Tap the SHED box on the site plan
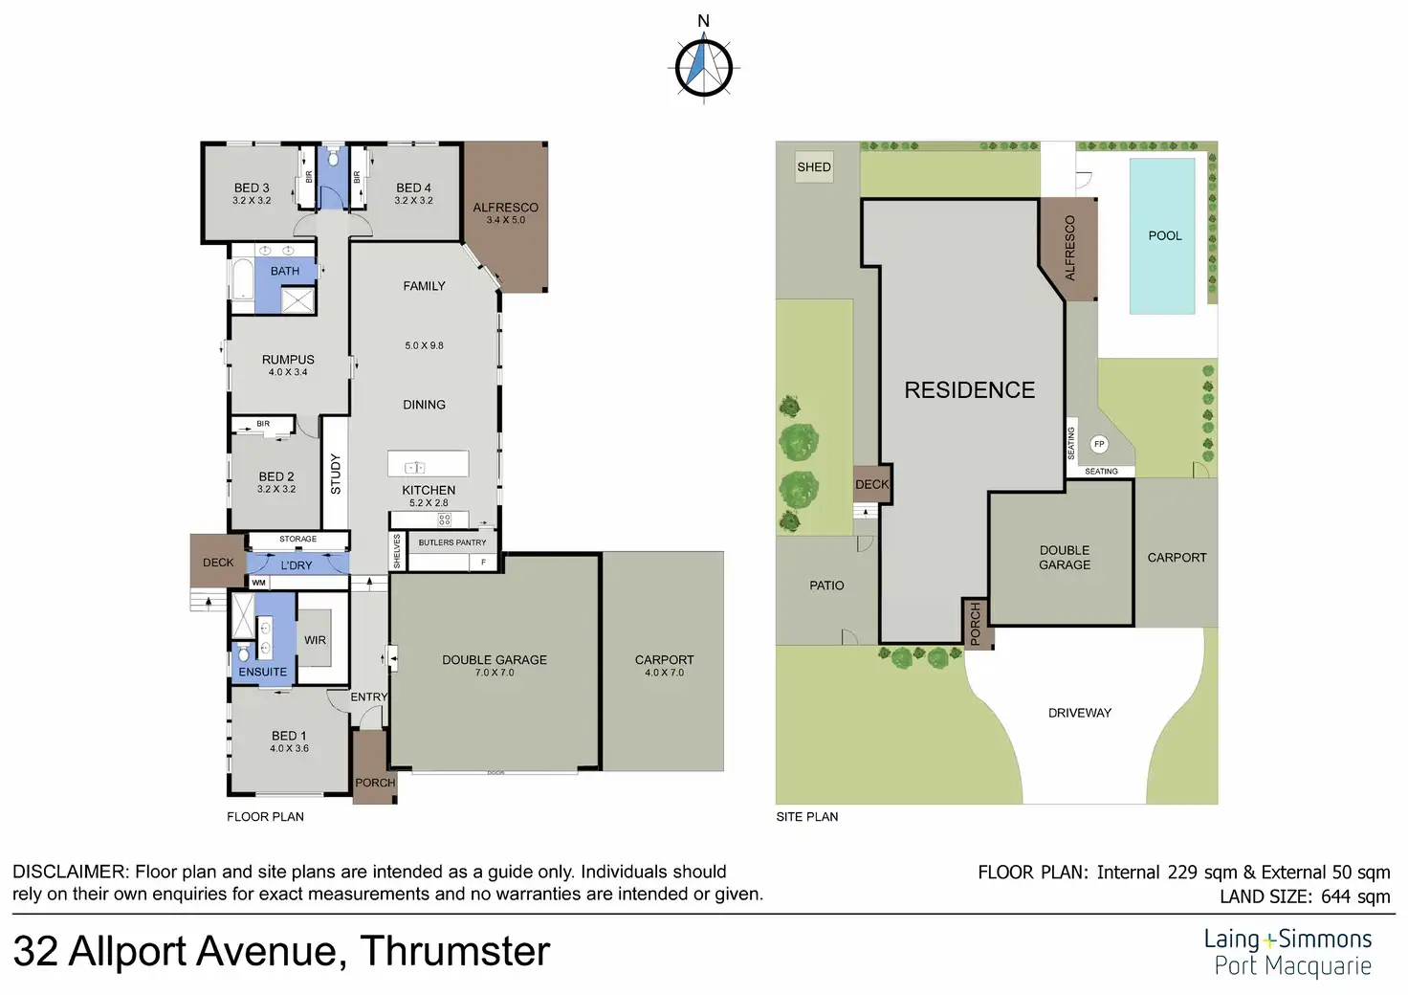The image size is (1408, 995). [x=814, y=166]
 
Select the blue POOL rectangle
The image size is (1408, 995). [x=1162, y=235]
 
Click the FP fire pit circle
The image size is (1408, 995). [x=1099, y=444]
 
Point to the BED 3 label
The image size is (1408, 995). [x=252, y=188]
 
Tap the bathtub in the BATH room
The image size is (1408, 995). [x=243, y=280]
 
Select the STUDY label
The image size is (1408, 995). [x=336, y=474]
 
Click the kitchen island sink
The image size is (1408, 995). [x=415, y=467]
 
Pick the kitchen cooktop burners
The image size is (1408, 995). [x=445, y=520]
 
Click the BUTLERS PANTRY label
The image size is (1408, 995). [x=451, y=542]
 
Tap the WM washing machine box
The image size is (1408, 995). [x=259, y=583]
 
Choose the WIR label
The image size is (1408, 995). [x=315, y=640]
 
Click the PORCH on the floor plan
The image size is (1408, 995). [x=375, y=767]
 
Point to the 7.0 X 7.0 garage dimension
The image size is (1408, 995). [x=495, y=673]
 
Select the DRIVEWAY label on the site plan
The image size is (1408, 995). [x=1080, y=713]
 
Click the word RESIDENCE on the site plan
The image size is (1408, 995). [x=969, y=390]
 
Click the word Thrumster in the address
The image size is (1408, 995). [x=455, y=951]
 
